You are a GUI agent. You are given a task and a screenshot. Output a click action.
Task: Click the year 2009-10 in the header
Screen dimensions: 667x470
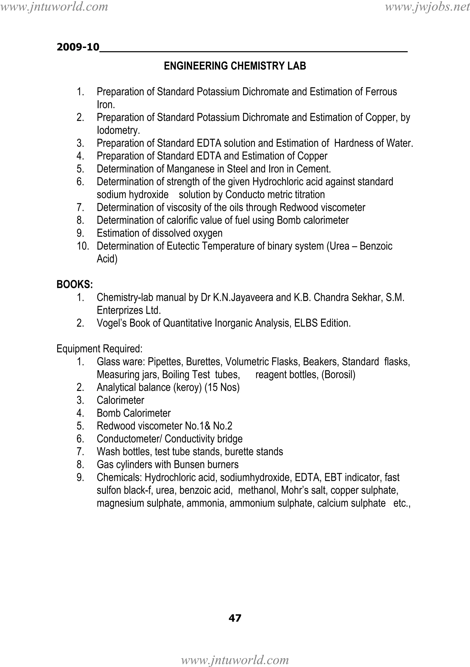[78, 47]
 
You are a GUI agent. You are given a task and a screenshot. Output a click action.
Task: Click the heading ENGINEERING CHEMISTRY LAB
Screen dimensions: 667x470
[235, 66]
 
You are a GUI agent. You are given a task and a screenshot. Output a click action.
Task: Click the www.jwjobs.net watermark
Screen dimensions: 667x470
[427, 7]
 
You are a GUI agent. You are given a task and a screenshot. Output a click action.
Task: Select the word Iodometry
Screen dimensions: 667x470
[118, 130]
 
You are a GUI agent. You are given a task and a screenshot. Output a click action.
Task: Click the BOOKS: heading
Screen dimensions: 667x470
[75, 284]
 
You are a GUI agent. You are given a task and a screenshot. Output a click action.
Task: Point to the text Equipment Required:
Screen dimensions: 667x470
[99, 349]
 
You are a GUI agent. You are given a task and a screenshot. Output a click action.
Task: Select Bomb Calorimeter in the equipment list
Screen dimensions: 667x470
[134, 413]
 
